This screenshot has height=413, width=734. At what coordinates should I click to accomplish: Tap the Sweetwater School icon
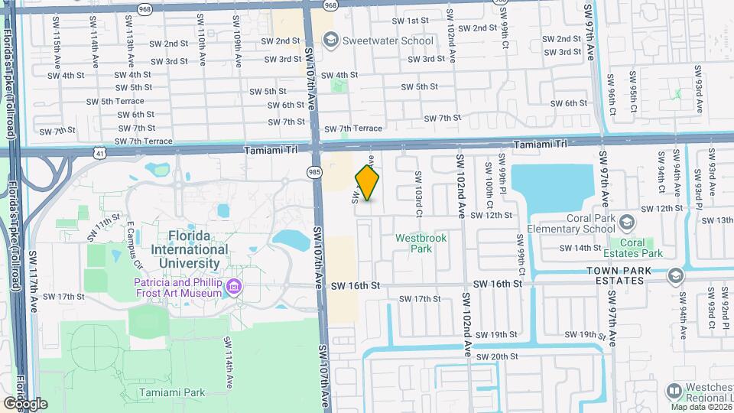point(331,41)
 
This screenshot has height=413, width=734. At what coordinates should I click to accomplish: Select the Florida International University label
point(190,249)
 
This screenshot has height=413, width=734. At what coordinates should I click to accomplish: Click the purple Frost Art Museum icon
point(235,288)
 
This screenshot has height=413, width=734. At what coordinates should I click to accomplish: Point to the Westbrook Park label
point(420,243)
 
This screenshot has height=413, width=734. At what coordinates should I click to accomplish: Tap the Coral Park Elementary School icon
point(627,223)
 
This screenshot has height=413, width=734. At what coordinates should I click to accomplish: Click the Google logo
point(24,403)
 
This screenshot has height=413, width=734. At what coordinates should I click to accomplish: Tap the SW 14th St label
point(580,248)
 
